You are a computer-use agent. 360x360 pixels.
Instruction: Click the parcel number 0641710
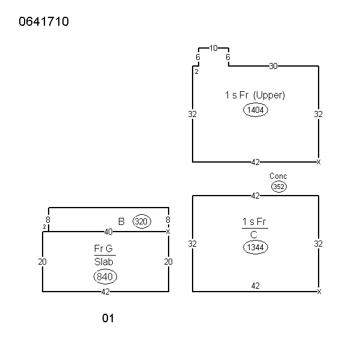click(44, 22)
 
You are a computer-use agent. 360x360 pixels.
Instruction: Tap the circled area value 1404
click(256, 110)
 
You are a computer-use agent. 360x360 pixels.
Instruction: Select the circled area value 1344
click(256, 247)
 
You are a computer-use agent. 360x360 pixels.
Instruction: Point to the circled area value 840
click(105, 277)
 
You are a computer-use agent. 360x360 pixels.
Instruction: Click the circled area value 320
click(142, 221)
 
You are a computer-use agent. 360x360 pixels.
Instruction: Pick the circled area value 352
click(279, 187)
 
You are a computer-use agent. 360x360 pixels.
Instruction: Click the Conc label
click(278, 176)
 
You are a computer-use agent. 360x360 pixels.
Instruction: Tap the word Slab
click(104, 262)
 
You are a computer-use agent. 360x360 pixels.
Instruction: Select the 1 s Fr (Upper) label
click(255, 95)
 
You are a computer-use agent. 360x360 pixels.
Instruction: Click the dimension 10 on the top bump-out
click(214, 48)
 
